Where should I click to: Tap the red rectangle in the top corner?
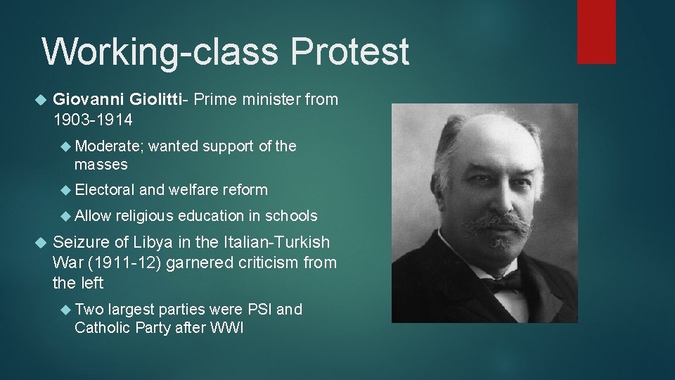click(x=596, y=32)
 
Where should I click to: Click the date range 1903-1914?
click(x=92, y=120)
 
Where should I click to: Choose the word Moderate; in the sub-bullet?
click(x=110, y=146)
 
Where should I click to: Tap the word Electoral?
click(x=105, y=189)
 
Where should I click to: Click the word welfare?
click(x=193, y=189)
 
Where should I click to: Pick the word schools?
click(x=288, y=216)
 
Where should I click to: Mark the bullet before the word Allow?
click(x=67, y=216)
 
